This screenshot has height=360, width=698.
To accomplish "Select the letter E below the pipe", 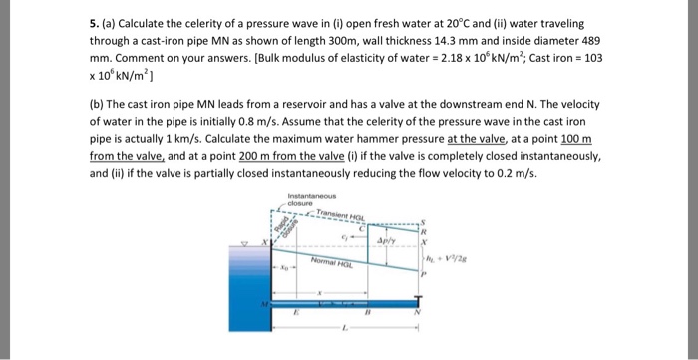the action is pos(295,312).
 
